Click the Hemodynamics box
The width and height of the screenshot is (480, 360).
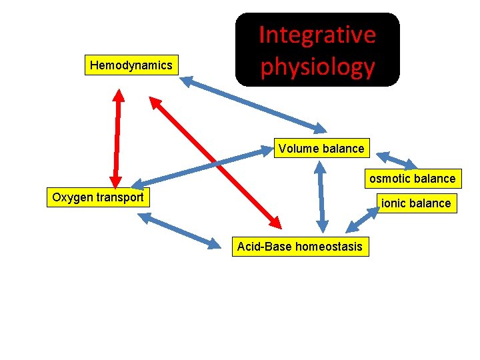tap(131, 65)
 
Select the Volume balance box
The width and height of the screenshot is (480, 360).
tap(321, 148)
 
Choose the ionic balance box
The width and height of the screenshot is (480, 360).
tap(415, 203)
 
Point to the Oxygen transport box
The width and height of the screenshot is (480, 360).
tap(98, 197)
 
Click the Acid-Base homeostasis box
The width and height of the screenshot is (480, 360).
tap(300, 247)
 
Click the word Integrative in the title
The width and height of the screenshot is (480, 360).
tap(317, 35)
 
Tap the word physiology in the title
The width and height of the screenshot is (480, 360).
tap(317, 67)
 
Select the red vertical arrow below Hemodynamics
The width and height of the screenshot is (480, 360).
tap(117, 137)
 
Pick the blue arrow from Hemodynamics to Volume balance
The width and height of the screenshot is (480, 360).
tap(253, 104)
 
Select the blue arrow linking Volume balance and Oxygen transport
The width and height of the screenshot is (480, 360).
tap(200, 167)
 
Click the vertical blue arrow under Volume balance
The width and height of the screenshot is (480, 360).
tap(321, 196)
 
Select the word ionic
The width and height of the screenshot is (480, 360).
tap(395, 203)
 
